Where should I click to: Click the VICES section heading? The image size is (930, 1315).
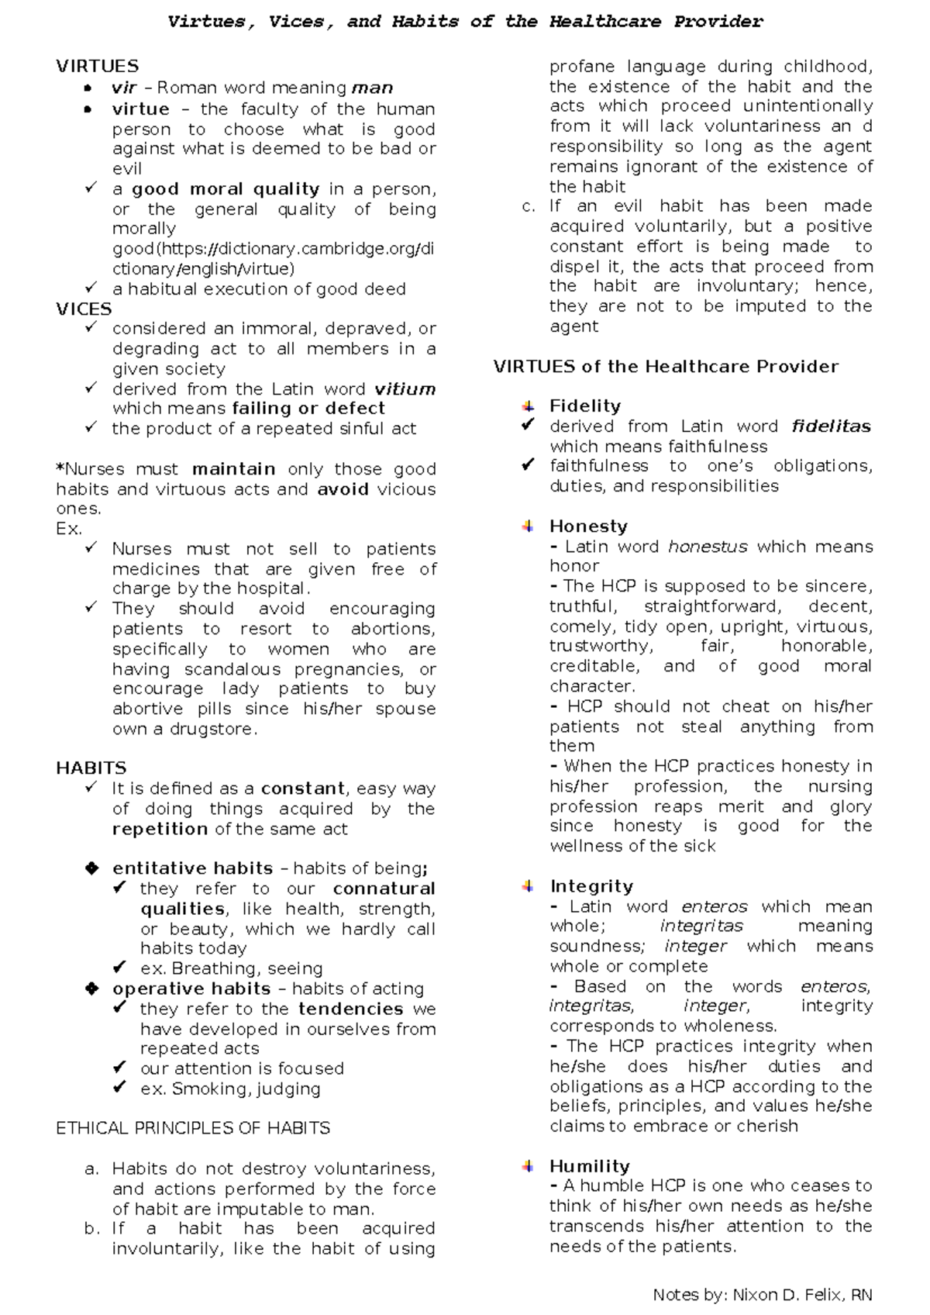click(x=84, y=309)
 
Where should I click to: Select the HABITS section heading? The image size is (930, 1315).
click(x=91, y=768)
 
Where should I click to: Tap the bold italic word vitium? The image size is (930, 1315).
click(x=405, y=388)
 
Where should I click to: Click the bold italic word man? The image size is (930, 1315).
click(x=372, y=88)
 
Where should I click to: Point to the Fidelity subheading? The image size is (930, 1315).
click(x=584, y=406)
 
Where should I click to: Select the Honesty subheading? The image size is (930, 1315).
click(x=587, y=526)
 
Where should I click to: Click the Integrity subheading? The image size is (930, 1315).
click(x=591, y=885)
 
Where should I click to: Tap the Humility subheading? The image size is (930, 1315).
click(x=589, y=1165)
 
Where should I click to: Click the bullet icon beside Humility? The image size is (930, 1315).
click(x=528, y=1165)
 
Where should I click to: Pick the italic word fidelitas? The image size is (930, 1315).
click(x=831, y=426)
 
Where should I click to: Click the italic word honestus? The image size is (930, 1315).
click(x=707, y=546)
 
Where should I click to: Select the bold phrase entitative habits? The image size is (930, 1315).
click(x=192, y=868)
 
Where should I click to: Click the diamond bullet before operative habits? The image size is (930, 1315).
click(x=91, y=989)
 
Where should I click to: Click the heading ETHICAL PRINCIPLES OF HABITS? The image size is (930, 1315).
click(x=193, y=1127)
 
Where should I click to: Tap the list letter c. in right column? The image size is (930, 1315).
click(x=529, y=206)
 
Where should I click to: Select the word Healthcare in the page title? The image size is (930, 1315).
click(x=604, y=22)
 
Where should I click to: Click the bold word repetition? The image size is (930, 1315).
click(x=160, y=829)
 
